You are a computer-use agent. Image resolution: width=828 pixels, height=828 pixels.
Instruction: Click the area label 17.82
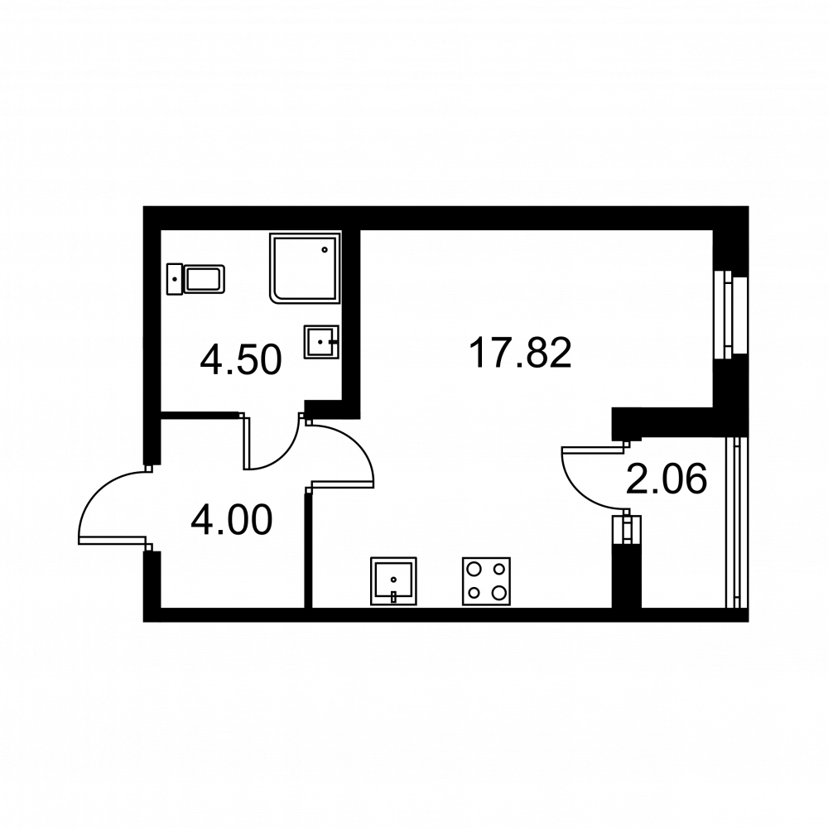click(520, 354)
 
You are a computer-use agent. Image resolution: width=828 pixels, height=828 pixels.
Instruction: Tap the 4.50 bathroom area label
click(241, 360)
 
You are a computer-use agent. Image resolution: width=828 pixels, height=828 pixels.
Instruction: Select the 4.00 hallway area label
click(232, 520)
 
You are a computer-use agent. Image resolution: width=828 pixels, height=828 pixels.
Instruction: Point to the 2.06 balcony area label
click(667, 479)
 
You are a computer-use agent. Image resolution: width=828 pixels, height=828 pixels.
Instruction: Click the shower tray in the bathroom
click(306, 267)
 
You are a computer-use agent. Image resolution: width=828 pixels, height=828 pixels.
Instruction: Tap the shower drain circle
click(325, 250)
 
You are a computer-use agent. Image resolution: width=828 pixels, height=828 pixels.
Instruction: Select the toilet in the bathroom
click(196, 279)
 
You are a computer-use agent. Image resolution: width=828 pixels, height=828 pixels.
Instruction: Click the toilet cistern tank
click(174, 279)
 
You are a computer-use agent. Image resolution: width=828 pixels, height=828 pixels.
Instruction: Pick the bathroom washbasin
click(320, 342)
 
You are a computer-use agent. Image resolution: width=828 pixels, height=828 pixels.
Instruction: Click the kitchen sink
click(393, 581)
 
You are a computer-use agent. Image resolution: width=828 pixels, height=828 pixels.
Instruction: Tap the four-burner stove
click(486, 581)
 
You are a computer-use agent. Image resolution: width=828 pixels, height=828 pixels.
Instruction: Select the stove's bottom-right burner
click(498, 593)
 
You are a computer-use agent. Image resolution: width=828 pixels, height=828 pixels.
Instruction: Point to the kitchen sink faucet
click(393, 597)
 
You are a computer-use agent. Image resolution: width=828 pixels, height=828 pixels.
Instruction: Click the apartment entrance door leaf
click(112, 540)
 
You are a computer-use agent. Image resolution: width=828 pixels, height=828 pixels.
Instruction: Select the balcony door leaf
click(592, 450)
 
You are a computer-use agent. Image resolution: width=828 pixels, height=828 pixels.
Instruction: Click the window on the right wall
click(731, 315)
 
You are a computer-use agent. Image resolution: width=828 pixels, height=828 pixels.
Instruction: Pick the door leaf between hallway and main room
click(343, 484)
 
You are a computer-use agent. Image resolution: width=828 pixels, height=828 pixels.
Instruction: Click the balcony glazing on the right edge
click(737, 522)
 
